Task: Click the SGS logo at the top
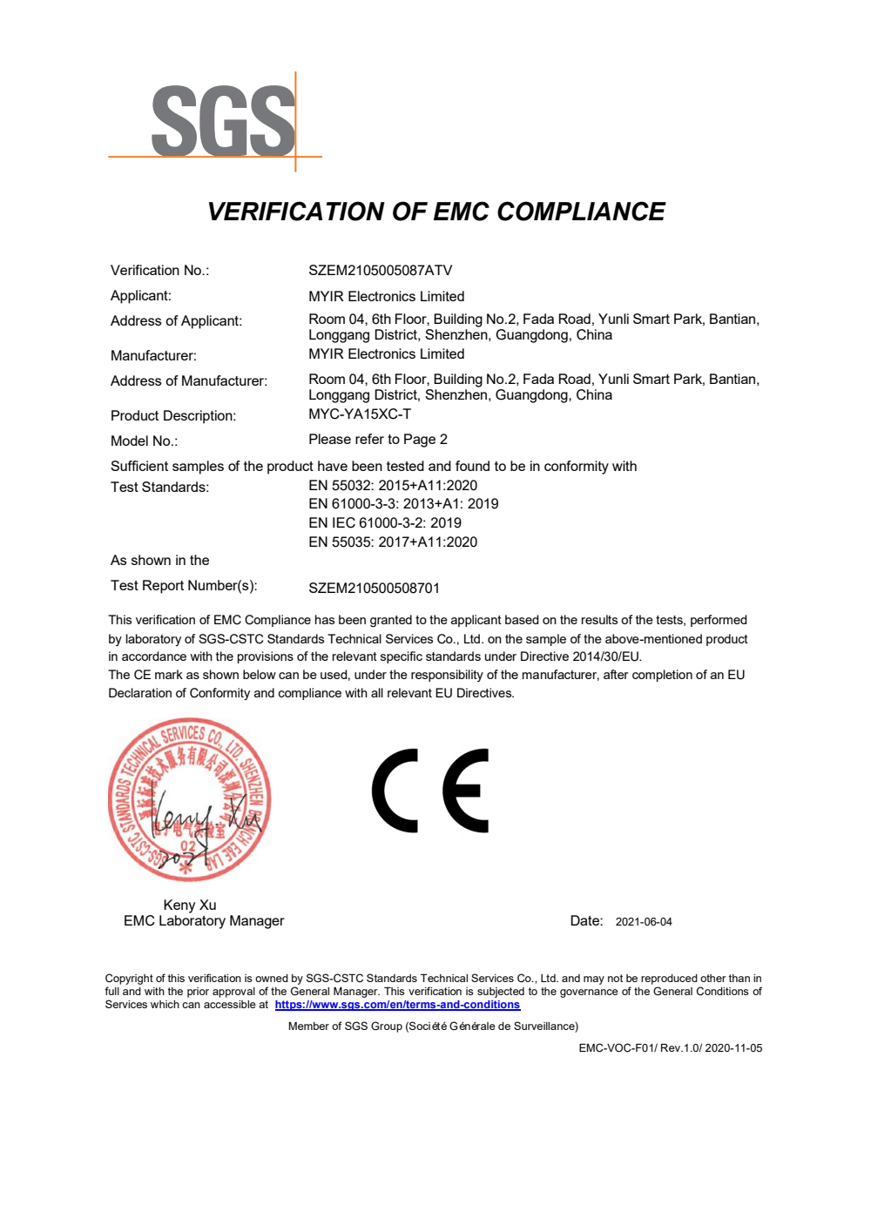click(x=223, y=122)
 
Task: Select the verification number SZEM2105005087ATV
click(x=380, y=271)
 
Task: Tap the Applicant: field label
click(x=141, y=296)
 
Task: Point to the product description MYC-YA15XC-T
click(x=359, y=414)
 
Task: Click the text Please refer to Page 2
click(x=377, y=440)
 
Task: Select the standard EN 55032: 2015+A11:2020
click(x=392, y=486)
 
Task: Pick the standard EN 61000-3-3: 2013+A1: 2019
click(x=402, y=504)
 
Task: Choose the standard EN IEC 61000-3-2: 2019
click(x=384, y=523)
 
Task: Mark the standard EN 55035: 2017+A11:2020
click(x=392, y=542)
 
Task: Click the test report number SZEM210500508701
click(x=374, y=589)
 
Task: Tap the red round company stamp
click(x=189, y=799)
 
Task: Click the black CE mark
click(x=430, y=791)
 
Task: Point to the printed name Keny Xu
click(x=190, y=905)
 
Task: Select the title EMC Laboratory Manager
click(x=204, y=921)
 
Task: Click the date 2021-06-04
click(x=643, y=922)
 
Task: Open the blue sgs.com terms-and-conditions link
click(x=397, y=1005)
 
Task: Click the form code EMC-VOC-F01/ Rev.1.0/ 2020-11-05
click(x=670, y=1048)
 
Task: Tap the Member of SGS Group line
click(x=433, y=1027)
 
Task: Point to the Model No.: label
click(x=144, y=441)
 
